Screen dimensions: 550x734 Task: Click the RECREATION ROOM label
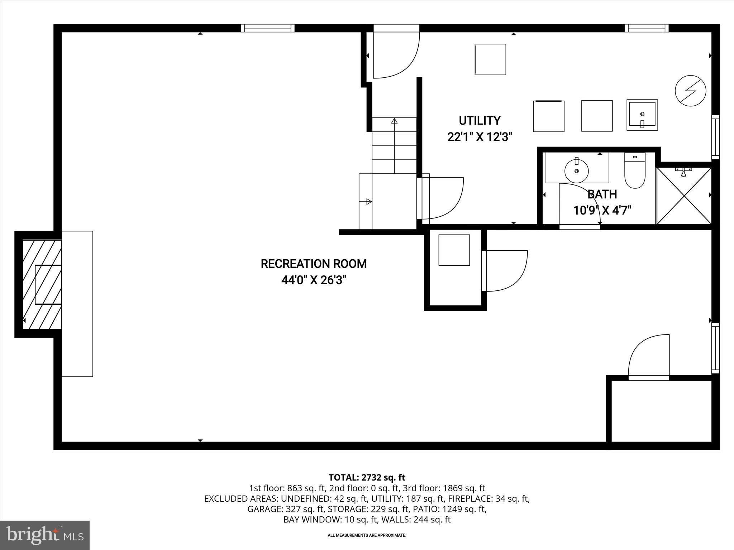314,264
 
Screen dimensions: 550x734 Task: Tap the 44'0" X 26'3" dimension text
314,280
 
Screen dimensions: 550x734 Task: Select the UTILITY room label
480,121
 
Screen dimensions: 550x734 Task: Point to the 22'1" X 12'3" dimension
480,137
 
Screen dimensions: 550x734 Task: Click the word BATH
602,194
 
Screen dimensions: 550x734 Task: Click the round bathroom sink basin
576,171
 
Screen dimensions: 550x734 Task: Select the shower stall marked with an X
684,196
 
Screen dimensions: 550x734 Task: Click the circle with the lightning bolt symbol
690,91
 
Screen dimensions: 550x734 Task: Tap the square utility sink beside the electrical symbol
642,115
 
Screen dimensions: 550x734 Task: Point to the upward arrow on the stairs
394,121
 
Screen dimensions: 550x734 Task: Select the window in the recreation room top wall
267,28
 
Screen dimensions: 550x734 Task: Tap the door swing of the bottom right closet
649,356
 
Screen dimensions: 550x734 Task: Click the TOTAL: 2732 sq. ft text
367,477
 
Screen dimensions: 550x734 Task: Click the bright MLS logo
45,535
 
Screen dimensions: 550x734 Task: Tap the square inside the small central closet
454,250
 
